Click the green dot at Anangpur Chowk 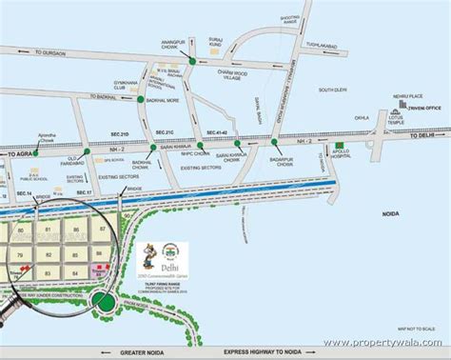pyautogui.click(x=191, y=61)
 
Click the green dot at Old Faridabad pyautogui.click(x=87, y=150)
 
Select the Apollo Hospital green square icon pyautogui.click(x=340, y=147)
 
